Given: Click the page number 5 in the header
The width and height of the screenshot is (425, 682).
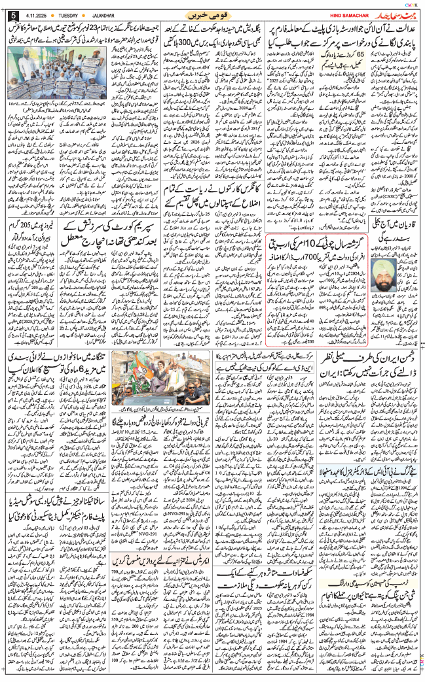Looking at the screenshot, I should (x=12, y=15).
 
